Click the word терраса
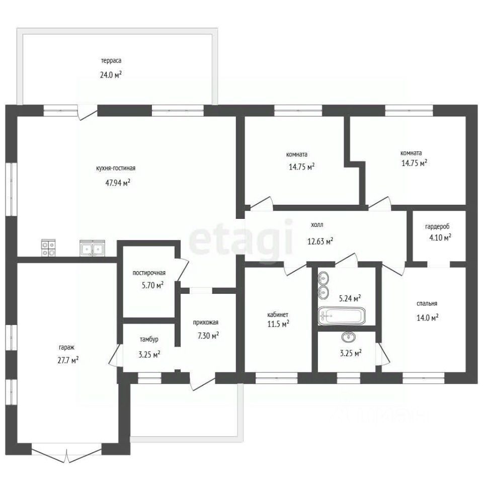tap(111, 61)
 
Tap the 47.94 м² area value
tap(118, 183)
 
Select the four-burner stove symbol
tap(48, 248)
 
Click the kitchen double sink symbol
tap(93, 248)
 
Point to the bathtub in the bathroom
tap(341, 315)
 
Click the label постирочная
tap(149, 273)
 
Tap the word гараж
tap(67, 348)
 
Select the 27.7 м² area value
tap(68, 360)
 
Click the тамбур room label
tap(149, 340)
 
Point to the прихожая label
tap(206, 323)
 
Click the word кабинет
tap(278, 315)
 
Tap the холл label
tap(317, 225)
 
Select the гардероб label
tap(437, 227)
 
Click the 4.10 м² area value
tap(441, 237)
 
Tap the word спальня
tap(427, 304)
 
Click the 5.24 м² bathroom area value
tap(350, 298)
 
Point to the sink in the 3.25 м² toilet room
tap(348, 337)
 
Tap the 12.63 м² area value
tap(320, 241)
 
